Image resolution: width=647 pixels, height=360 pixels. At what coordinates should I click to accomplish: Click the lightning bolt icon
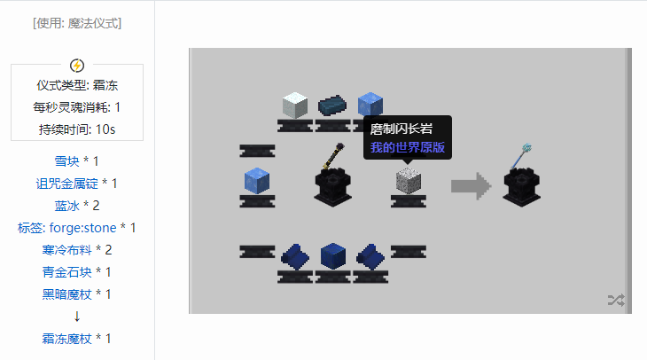pos(77,65)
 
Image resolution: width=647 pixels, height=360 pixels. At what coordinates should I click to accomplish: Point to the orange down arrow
pos(77,317)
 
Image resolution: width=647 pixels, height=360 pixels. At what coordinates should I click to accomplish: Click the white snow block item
pos(294,105)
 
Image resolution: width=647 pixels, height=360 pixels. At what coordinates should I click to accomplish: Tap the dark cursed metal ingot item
pos(332,105)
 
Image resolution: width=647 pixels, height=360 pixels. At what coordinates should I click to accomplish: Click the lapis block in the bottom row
pos(332,256)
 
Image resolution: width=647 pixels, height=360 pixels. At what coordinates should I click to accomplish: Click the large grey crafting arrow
pos(471,185)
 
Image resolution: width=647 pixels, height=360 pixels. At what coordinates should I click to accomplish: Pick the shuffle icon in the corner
pos(616,301)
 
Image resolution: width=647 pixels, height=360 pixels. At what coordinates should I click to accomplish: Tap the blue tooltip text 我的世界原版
pos(408,147)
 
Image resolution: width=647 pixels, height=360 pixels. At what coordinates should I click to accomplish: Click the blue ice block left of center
pos(256,180)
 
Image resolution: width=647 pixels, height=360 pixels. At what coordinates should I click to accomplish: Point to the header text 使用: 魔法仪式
pos(77,23)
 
